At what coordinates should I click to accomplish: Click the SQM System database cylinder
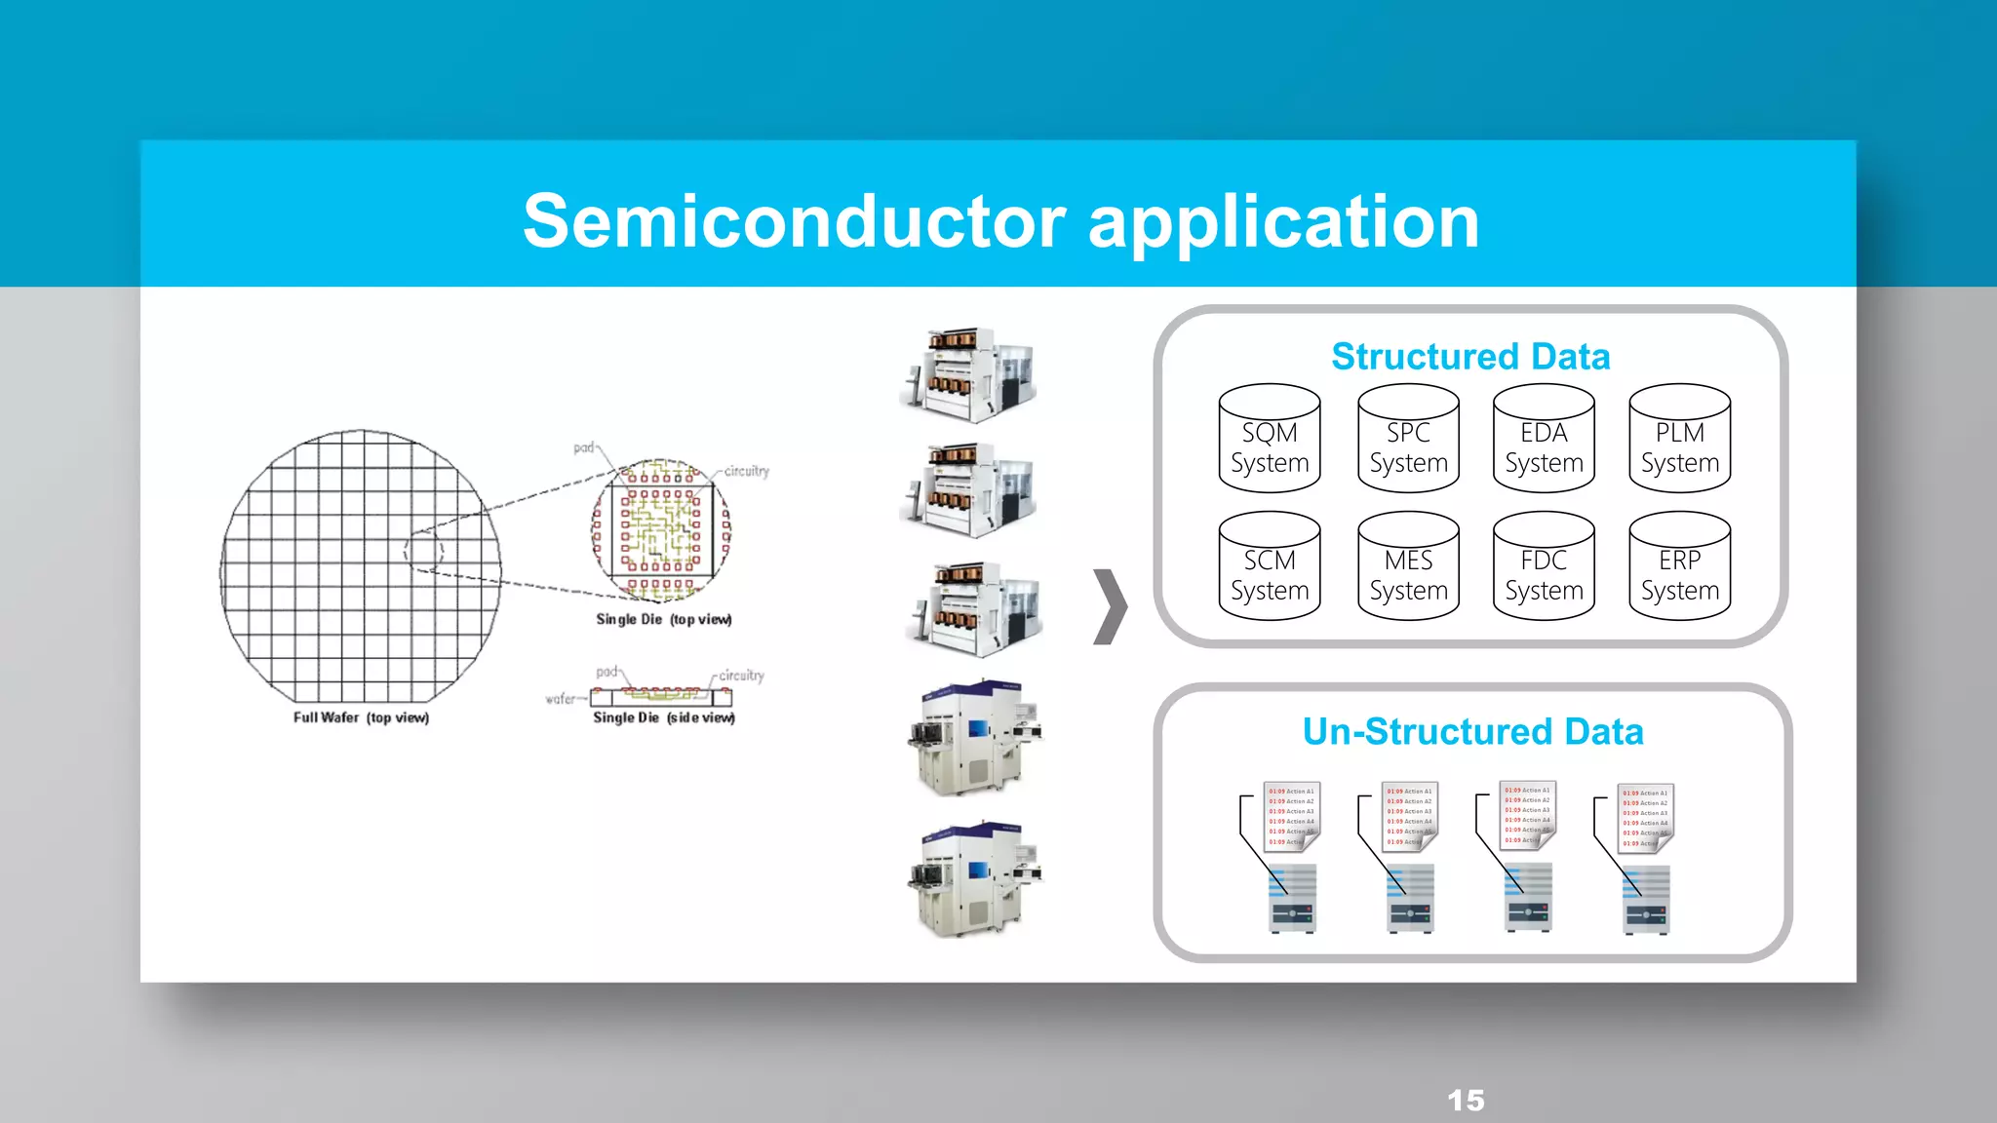click(x=1269, y=439)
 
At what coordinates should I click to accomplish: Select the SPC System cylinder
click(x=1408, y=439)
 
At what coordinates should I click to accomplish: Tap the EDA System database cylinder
click(x=1544, y=439)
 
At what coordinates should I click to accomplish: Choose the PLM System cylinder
click(x=1679, y=439)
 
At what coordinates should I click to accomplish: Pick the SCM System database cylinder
click(x=1269, y=567)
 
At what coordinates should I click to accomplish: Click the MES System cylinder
click(x=1408, y=567)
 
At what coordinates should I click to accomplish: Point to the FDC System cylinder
click(x=1544, y=567)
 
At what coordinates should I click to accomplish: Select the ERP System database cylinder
click(x=1679, y=567)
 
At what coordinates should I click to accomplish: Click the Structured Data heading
click(x=1470, y=357)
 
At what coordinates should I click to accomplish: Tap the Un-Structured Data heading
click(x=1472, y=731)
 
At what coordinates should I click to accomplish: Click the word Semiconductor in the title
click(x=794, y=222)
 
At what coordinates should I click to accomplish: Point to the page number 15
click(x=1466, y=1101)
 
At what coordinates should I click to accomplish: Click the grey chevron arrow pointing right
click(x=1110, y=606)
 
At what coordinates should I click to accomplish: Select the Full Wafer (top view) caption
click(x=361, y=717)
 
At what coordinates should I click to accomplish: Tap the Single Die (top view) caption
click(x=663, y=619)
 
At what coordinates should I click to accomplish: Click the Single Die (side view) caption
click(x=663, y=717)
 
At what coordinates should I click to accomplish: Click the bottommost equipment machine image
click(x=973, y=879)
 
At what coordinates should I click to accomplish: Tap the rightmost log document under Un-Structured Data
click(x=1646, y=817)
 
